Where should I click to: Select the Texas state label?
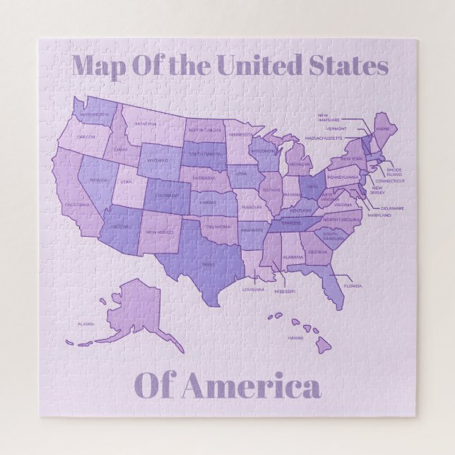point(208,265)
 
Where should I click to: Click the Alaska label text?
point(85,324)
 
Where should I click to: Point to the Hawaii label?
point(295,338)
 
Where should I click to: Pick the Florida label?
point(353,286)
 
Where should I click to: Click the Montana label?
point(146,124)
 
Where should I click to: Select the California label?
point(77,205)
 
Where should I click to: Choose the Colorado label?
point(167,196)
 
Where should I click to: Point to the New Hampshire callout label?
point(329,117)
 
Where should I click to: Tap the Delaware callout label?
point(392,208)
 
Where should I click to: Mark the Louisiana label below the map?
point(253,289)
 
